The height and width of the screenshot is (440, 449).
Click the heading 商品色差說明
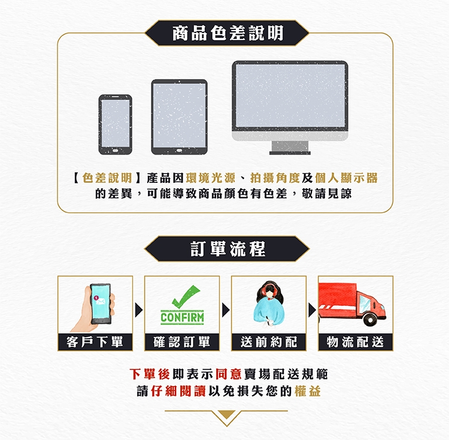(228, 33)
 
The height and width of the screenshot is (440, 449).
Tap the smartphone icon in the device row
(116, 125)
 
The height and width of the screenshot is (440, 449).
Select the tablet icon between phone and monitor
(179, 117)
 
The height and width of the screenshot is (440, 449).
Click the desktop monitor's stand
(290, 148)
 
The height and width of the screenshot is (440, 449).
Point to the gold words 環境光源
(211, 178)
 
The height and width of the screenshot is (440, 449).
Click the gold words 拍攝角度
(275, 178)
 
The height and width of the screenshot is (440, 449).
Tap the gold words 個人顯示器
(346, 178)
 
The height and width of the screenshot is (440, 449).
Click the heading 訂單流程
(228, 249)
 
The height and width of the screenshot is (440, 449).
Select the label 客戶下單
(95, 342)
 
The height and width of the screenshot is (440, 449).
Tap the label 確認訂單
(182, 342)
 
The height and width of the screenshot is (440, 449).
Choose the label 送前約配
(269, 342)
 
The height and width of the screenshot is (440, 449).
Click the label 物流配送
(356, 342)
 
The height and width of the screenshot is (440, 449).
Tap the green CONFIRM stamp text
(182, 318)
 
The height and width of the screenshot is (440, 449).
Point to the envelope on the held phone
(101, 302)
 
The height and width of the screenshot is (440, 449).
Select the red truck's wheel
(370, 319)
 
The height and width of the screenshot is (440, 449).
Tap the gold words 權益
(307, 391)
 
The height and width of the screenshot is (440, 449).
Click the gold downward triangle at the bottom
(226, 414)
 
